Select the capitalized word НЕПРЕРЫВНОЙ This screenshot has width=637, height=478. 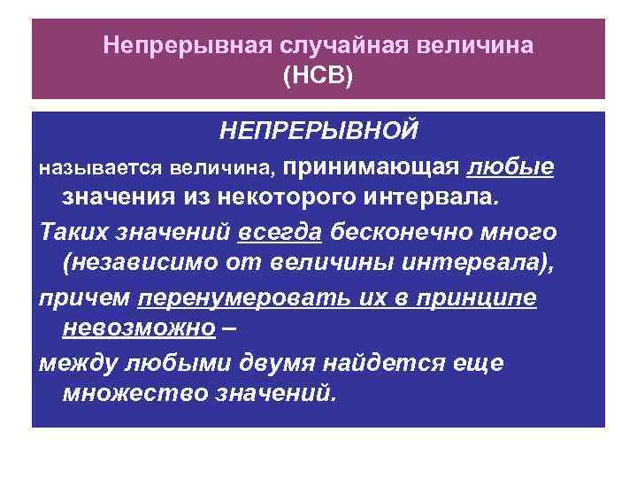318,133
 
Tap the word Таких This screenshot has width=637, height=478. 71,232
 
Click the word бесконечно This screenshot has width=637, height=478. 404,232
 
